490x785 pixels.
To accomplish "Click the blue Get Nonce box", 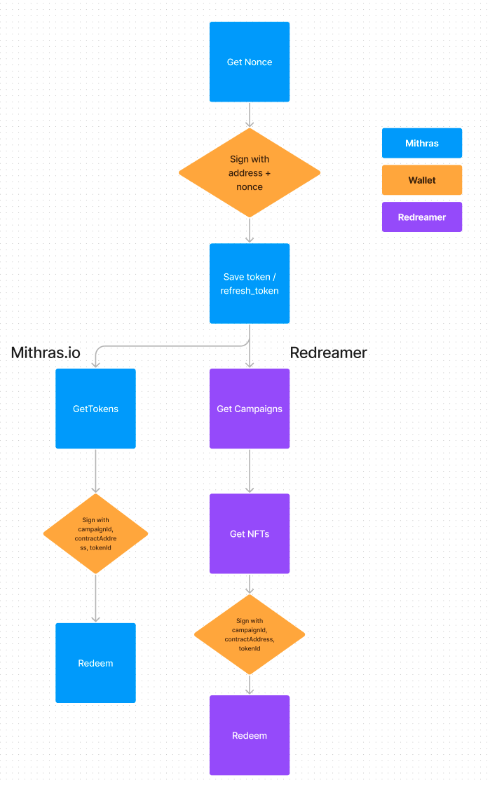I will point(250,62).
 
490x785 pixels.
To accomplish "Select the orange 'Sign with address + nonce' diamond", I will point(250,172).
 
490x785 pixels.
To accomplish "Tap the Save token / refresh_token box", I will point(250,283).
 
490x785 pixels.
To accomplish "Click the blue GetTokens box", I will point(95,409).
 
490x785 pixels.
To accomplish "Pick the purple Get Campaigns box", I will point(250,409).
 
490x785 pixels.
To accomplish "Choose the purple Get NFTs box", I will point(250,533).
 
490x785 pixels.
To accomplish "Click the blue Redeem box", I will point(95,663).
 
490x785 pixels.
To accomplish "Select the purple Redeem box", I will point(250,735).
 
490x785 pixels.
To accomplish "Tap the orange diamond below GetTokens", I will point(95,533).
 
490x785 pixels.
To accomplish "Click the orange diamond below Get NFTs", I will point(250,635).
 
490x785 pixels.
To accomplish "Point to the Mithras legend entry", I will point(422,143).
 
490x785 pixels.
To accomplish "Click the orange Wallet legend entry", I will point(422,180).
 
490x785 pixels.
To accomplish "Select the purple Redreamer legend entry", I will point(422,217).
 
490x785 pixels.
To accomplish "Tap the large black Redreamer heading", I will point(328,353).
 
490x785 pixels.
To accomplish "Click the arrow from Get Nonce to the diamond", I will point(250,114).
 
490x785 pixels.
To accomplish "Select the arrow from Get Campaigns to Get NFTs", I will point(250,471).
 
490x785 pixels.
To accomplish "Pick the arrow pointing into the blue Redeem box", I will point(95,598).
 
